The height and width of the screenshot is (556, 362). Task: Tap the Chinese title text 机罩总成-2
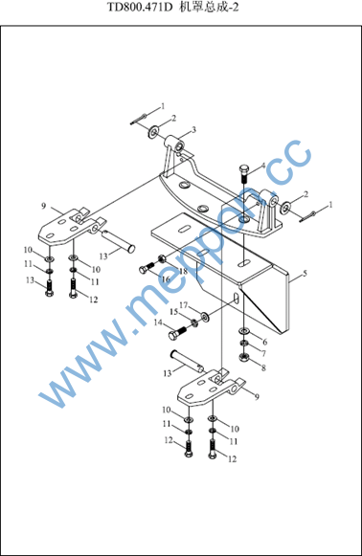(209, 8)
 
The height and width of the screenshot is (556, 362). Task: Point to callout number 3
(193, 130)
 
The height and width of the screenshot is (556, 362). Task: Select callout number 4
(263, 166)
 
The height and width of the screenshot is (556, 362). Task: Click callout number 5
(305, 274)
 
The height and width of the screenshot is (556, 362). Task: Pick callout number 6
(264, 343)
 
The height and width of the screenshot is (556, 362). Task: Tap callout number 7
(263, 354)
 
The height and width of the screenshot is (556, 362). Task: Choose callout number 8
(263, 368)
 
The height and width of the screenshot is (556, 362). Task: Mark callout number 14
(158, 322)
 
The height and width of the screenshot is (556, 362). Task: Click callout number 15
(173, 312)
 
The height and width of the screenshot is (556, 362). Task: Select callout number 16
(166, 279)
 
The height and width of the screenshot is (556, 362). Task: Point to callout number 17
(184, 305)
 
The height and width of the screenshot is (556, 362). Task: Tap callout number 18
(183, 272)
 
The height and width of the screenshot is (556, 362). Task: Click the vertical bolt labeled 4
(244, 173)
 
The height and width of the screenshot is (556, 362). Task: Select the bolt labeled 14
(178, 333)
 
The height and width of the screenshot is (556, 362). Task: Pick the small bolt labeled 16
(147, 268)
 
